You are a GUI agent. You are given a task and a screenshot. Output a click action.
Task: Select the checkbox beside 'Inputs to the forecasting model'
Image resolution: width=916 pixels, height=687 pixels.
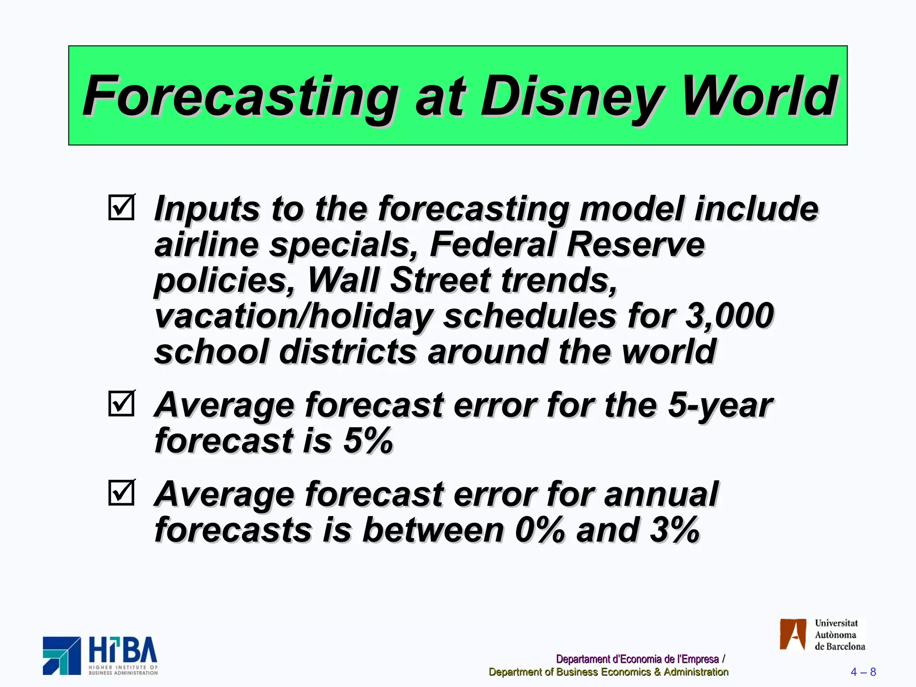click(x=121, y=207)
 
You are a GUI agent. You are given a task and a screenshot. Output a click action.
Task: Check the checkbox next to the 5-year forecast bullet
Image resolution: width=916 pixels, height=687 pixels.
click(x=121, y=403)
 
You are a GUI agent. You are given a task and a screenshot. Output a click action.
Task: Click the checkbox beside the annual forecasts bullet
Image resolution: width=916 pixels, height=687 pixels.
click(x=121, y=492)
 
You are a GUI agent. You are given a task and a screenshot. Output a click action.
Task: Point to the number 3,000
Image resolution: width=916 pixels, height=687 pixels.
click(x=729, y=316)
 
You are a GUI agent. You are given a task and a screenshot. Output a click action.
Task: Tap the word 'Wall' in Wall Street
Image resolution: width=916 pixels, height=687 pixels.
click(x=343, y=280)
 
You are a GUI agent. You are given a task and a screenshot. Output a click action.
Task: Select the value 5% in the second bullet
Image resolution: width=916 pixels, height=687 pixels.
click(x=368, y=441)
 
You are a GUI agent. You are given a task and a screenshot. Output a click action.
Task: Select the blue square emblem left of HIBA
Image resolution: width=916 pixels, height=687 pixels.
click(x=62, y=656)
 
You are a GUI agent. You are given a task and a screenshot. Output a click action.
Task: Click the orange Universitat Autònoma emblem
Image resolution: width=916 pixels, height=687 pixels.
click(x=793, y=634)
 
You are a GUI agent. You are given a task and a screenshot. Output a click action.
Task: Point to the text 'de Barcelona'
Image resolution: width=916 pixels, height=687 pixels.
click(x=840, y=646)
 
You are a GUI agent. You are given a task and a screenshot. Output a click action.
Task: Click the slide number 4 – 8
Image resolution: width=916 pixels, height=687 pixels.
click(x=863, y=672)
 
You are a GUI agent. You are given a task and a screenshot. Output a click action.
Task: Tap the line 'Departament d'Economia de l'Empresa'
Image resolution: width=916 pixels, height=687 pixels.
click(x=637, y=659)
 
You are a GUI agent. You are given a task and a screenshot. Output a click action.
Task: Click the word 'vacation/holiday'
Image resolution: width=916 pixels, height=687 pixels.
click(x=293, y=316)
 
